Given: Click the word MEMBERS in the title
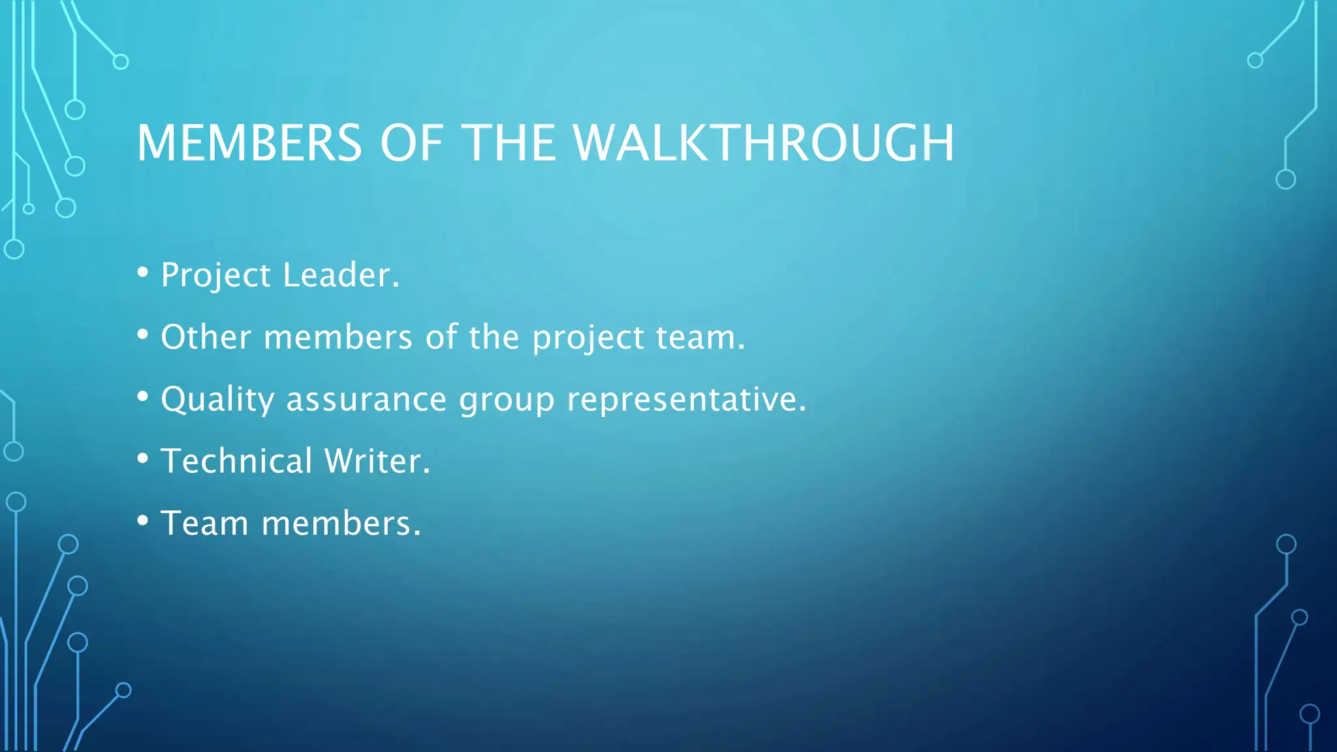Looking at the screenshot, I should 249,143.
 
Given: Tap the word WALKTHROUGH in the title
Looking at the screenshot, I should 763,143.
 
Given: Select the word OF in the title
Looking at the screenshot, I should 411,143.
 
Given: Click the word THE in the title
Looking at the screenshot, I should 509,143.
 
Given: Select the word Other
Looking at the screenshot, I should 206,337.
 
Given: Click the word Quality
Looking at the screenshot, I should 217,400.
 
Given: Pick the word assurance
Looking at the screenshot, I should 366,399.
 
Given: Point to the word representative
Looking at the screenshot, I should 686,400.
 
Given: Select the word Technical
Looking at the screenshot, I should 236,461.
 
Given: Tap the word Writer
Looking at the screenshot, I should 377,461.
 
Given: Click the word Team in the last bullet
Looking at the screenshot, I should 204,524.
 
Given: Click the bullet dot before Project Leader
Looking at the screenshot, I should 143,272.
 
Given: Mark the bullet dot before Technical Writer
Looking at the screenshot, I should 143,458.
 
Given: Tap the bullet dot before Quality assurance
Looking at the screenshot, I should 143,396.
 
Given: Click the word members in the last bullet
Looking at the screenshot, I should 341,524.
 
